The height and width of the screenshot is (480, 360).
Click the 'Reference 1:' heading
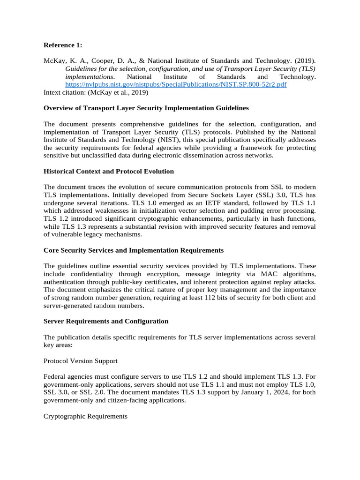pos(63,45)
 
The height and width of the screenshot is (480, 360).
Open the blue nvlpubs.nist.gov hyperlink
pos(176,84)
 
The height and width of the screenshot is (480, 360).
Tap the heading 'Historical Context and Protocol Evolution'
pos(108,171)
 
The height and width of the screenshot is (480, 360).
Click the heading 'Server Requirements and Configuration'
pos(105,321)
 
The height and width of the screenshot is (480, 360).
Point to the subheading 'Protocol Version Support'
pos(80,361)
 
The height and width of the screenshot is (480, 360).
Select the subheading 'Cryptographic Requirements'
pos(85,416)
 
